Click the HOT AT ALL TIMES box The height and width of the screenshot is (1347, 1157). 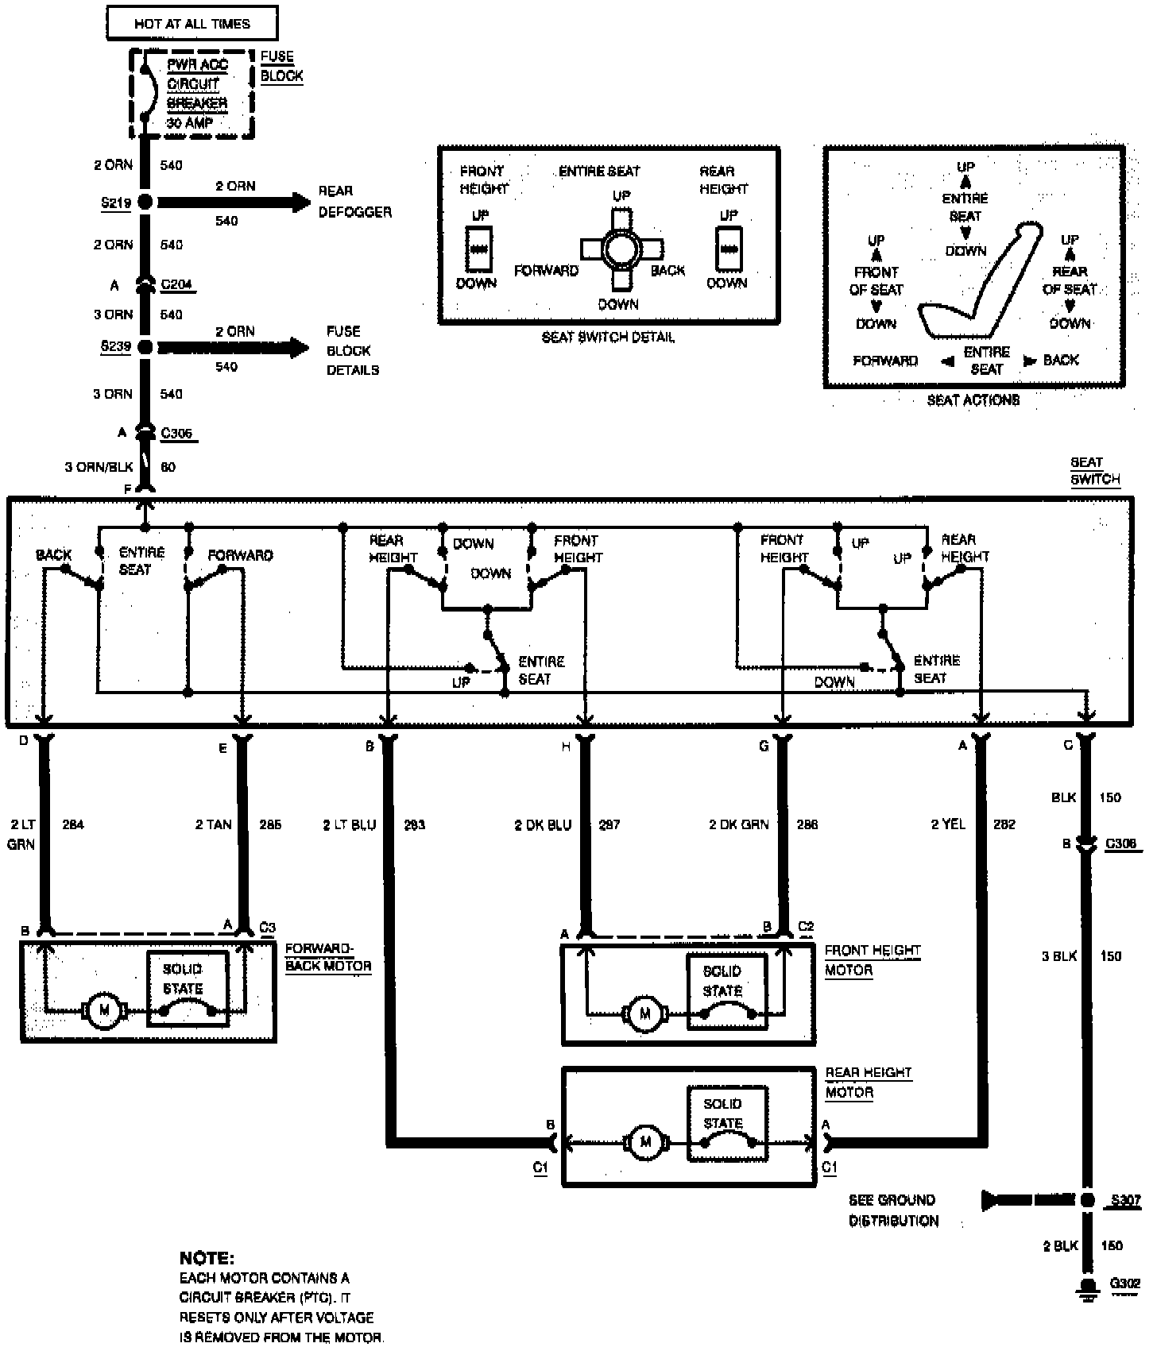(192, 24)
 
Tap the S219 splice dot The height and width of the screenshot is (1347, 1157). (145, 202)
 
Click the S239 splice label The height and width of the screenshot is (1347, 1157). (115, 347)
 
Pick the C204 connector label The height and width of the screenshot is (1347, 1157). (176, 284)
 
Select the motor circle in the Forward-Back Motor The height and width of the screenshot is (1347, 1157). (103, 1011)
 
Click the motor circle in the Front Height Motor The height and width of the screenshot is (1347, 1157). (644, 1013)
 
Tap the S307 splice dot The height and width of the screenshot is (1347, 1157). (1087, 1200)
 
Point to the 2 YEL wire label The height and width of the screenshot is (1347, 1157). (948, 824)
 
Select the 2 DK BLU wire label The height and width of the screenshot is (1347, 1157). (543, 825)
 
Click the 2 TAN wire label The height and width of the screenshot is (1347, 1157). (213, 824)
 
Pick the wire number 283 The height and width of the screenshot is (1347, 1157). (414, 825)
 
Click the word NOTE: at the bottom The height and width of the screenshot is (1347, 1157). (207, 1258)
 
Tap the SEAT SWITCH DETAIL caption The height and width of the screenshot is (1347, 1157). (608, 338)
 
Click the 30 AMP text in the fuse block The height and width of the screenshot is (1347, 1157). (189, 123)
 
